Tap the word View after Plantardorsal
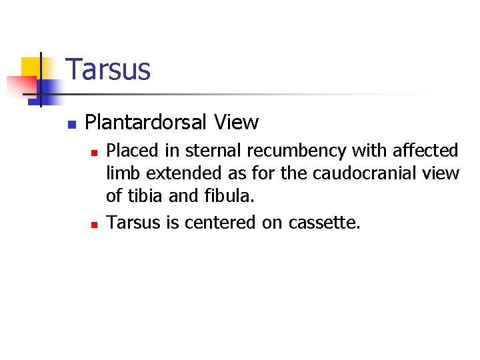click(x=236, y=123)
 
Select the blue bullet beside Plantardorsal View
click(x=72, y=124)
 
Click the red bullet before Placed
click(x=95, y=153)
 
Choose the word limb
click(x=124, y=173)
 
